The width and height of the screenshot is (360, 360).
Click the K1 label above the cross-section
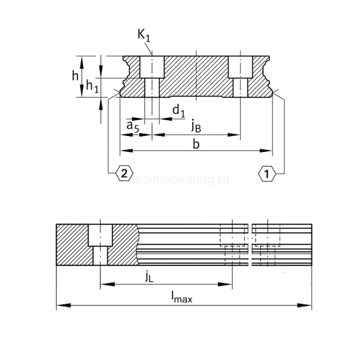tap(144, 35)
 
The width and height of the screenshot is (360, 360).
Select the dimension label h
tap(75, 76)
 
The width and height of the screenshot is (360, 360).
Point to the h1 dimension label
tap(93, 86)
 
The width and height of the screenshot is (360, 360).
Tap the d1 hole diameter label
tap(178, 110)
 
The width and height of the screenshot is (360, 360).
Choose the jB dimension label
tap(196, 125)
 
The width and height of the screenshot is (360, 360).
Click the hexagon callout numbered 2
tap(123, 174)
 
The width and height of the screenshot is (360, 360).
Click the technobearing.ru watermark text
tap(180, 179)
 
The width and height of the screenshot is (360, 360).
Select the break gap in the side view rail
tap(250, 244)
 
